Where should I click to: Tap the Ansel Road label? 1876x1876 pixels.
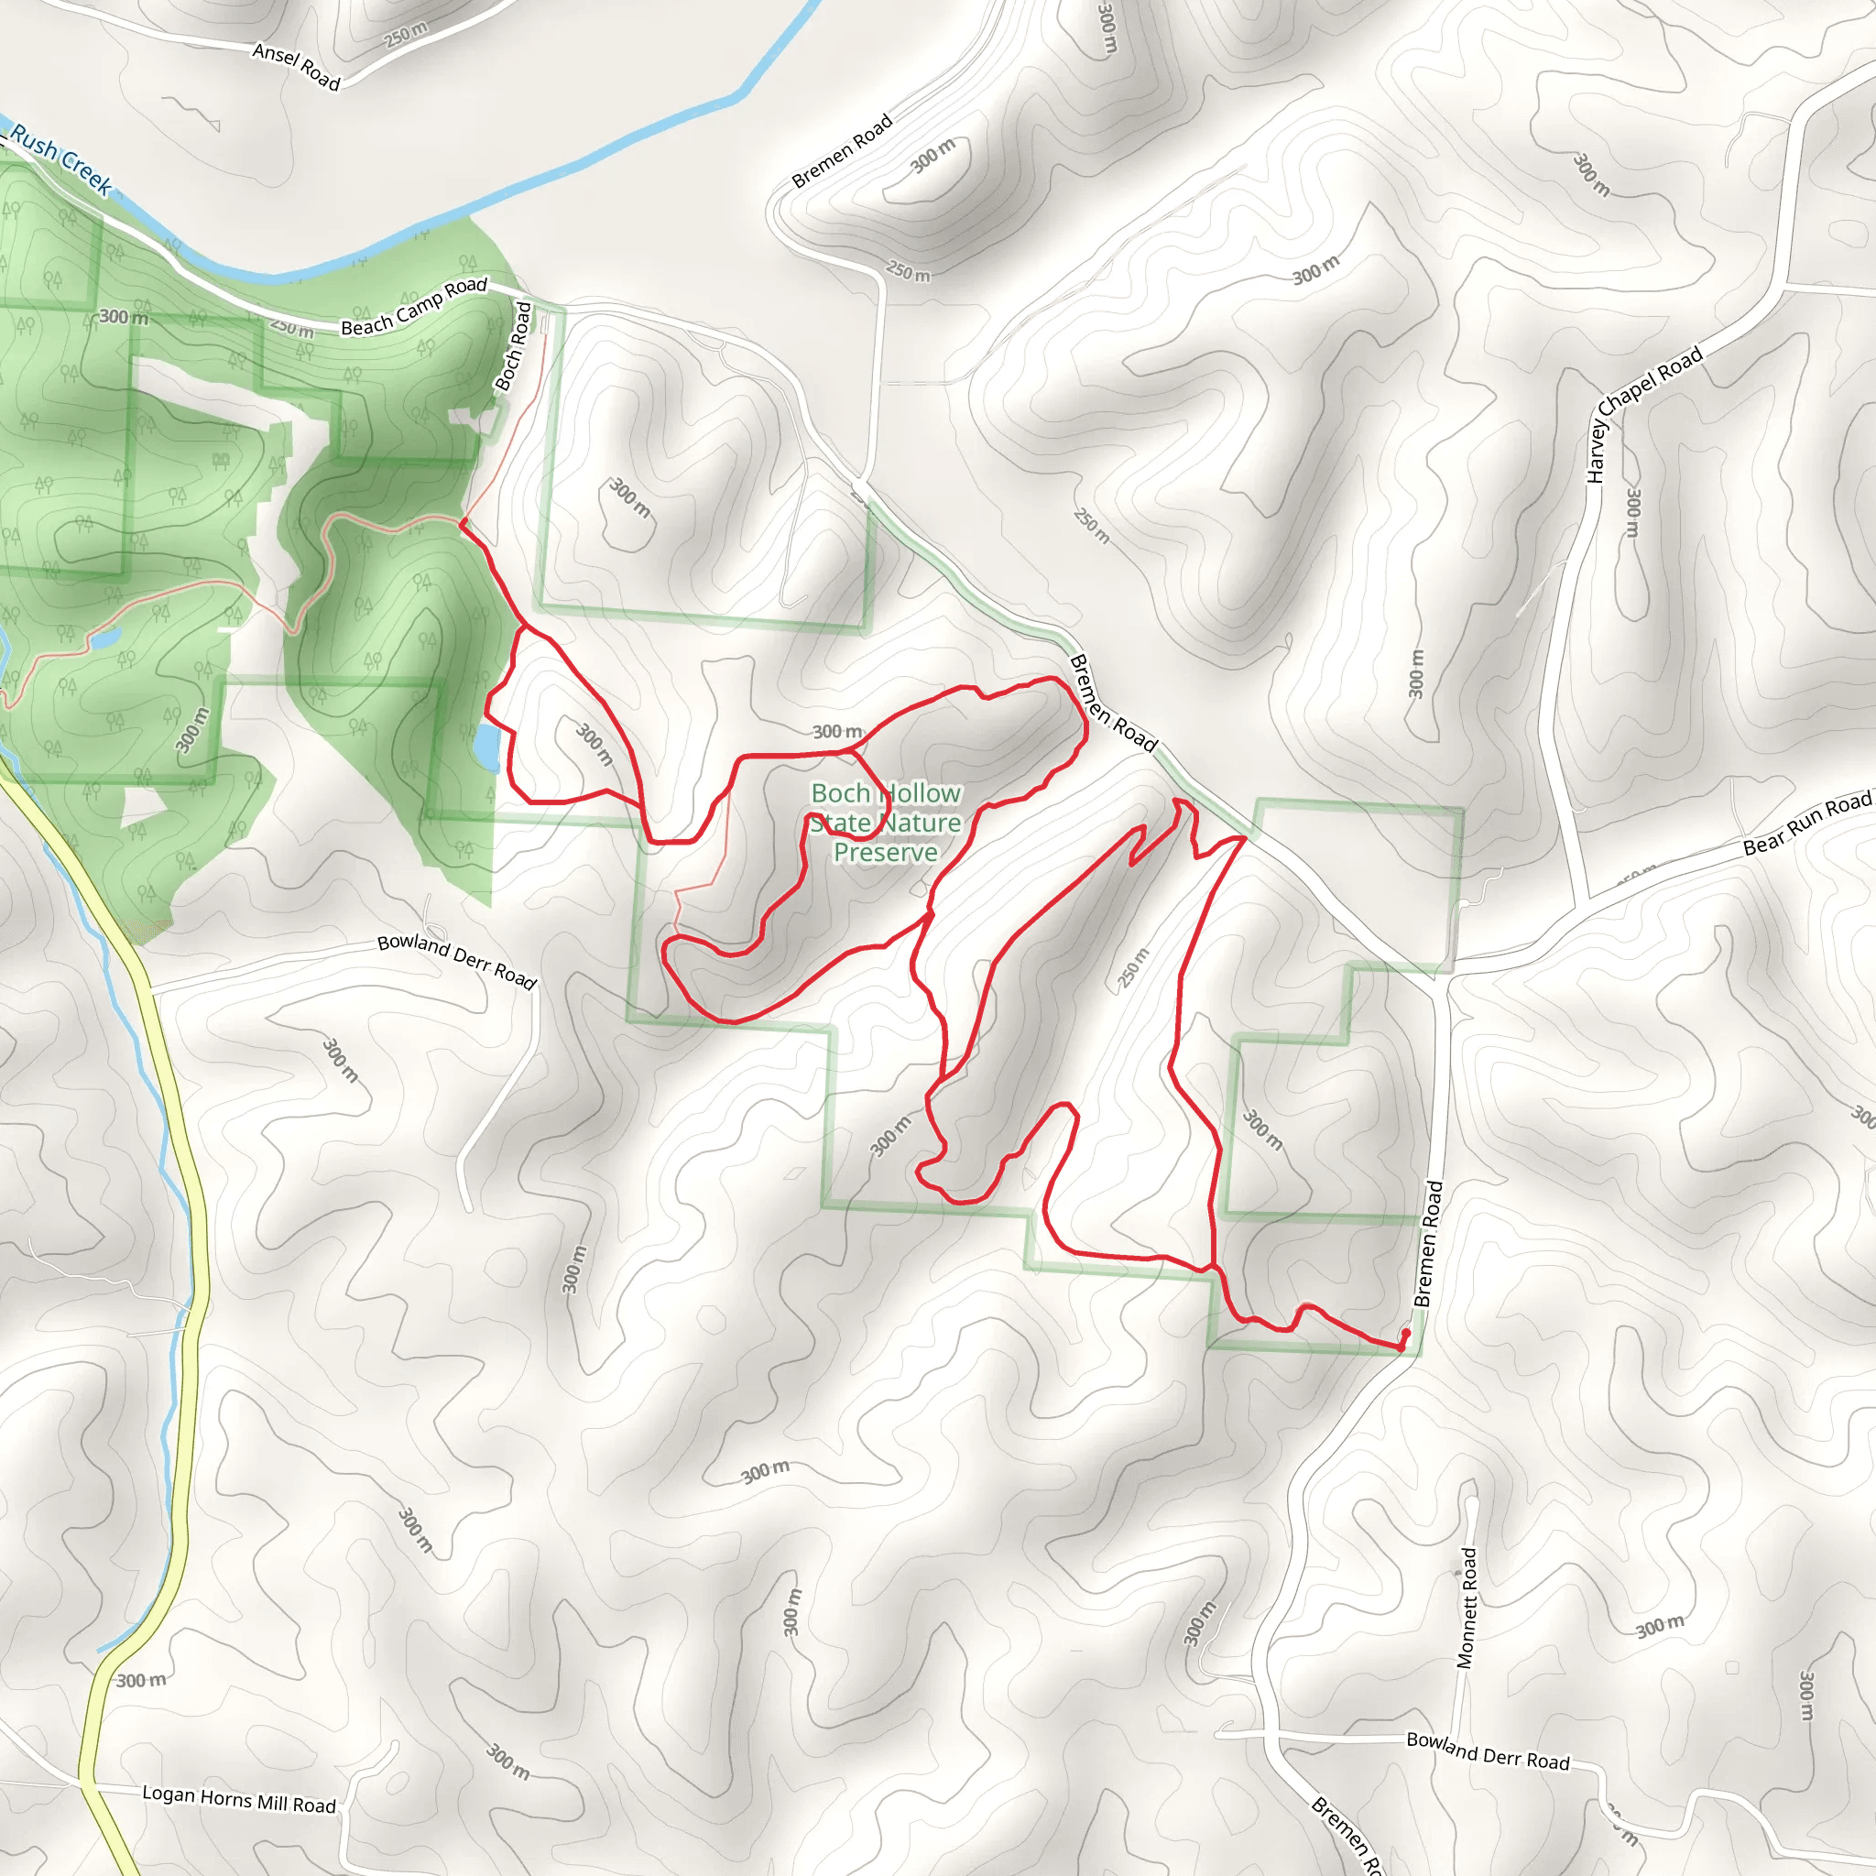pos(296,66)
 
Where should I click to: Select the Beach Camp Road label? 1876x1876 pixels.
pos(414,306)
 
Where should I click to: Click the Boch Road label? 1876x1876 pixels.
pos(514,345)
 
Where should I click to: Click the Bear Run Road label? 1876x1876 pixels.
pos(1807,823)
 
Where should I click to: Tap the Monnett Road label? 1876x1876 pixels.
pos(1467,1607)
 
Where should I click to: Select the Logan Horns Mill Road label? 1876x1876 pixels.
pos(239,1800)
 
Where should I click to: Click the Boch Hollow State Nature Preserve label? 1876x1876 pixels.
pos(886,823)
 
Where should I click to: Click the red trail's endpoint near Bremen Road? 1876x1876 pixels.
pos(1404,1341)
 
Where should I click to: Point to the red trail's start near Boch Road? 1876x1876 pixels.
pos(463,522)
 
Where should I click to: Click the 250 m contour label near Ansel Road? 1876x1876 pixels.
pos(405,35)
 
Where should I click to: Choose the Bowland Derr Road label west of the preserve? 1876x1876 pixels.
pos(456,961)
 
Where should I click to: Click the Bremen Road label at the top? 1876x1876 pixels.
pos(841,151)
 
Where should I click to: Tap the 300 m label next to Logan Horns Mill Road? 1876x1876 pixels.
pos(142,1681)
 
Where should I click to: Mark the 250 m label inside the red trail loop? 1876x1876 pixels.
pos(1133,967)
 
